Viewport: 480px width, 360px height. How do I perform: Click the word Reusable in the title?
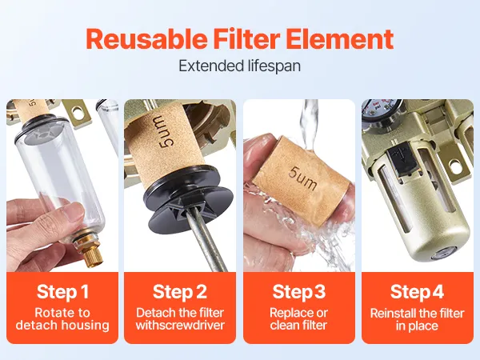tap(146, 39)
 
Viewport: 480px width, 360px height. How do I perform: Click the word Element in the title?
tap(340, 39)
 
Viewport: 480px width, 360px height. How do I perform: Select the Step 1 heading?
tap(62, 291)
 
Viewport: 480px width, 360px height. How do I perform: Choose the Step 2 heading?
tap(180, 291)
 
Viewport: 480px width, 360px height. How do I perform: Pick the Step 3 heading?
tap(299, 291)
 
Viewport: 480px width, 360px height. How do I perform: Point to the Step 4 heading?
tap(417, 291)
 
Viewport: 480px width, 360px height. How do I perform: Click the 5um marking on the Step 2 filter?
tap(165, 131)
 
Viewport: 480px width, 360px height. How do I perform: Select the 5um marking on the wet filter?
tap(302, 178)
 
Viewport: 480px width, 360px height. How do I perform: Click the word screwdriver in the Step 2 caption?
tap(194, 325)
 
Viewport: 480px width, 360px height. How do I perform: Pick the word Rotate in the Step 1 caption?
tap(52, 313)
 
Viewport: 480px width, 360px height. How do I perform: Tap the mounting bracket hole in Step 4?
tap(455, 166)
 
